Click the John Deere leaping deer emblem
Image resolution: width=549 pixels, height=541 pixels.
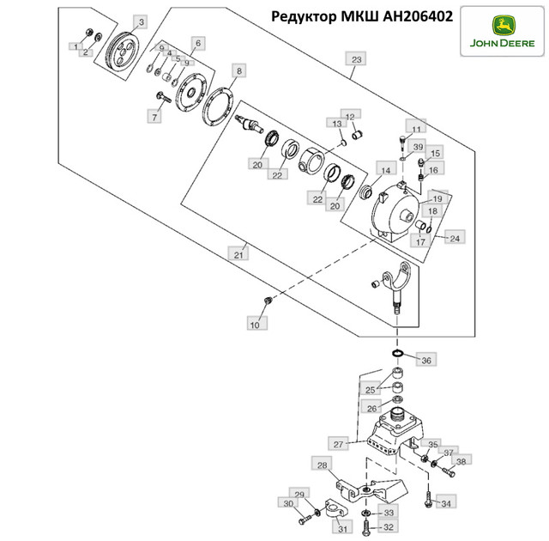[x=504, y=25]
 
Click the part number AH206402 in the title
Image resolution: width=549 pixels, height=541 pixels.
[x=418, y=16]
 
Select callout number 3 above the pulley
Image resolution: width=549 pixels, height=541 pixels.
[x=141, y=22]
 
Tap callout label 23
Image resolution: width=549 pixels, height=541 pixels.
[x=356, y=59]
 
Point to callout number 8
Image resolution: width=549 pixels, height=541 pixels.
[x=238, y=70]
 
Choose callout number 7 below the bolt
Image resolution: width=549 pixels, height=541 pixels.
[x=154, y=117]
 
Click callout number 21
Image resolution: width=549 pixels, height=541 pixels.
[x=238, y=254]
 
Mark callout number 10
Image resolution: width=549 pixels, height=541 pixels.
[x=255, y=324]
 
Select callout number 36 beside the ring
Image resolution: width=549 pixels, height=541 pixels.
[x=426, y=360]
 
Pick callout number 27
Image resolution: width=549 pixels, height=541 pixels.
[x=338, y=444]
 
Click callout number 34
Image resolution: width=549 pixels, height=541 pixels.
[x=446, y=503]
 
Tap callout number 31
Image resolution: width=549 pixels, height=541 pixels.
[x=342, y=528]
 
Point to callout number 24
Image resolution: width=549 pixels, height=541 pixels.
[x=455, y=238]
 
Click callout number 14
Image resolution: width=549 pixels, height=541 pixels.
[x=385, y=170]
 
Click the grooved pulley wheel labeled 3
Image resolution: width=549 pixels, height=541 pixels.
[x=122, y=57]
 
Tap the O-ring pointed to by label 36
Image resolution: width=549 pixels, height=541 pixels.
[x=397, y=353]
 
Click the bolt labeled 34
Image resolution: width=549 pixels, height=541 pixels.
[x=428, y=499]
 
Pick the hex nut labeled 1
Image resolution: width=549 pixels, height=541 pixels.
[x=89, y=33]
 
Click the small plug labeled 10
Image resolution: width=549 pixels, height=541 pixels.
[x=268, y=300]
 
